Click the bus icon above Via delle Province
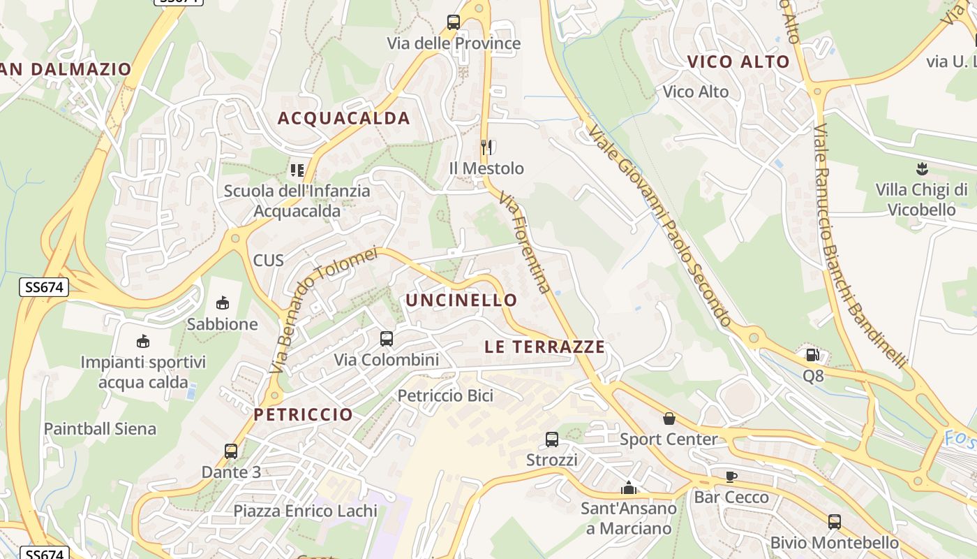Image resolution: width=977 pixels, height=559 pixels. click(454, 22)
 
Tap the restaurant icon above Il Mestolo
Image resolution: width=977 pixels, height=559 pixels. click(486, 147)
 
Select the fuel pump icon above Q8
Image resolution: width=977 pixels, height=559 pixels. click(812, 355)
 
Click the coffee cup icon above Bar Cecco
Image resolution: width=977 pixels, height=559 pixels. click(731, 477)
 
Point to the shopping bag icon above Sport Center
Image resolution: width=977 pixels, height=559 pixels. click(669, 418)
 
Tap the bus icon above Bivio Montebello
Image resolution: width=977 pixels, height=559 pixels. click(834, 521)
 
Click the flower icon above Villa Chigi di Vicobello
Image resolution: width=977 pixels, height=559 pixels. click(921, 168)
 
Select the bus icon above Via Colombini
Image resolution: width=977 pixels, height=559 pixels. click(386, 339)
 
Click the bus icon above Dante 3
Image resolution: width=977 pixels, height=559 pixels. click(231, 451)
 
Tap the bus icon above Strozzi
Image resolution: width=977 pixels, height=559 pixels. click(551, 440)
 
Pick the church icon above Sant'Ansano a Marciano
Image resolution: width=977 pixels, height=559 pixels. click(629, 487)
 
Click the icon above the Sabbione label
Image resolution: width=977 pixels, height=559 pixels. click(223, 303)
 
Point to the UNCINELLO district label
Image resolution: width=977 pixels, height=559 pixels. click(461, 300)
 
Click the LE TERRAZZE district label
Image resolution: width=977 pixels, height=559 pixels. click(544, 347)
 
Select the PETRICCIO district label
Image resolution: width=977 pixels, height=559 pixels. click(303, 414)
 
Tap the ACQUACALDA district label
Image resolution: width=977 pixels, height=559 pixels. click(344, 118)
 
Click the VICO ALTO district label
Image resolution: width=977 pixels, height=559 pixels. click(738, 61)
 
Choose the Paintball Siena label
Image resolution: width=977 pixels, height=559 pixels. click(100, 428)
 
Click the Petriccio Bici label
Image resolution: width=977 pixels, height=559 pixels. click(445, 395)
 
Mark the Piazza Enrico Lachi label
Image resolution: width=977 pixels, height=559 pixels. click(305, 511)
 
